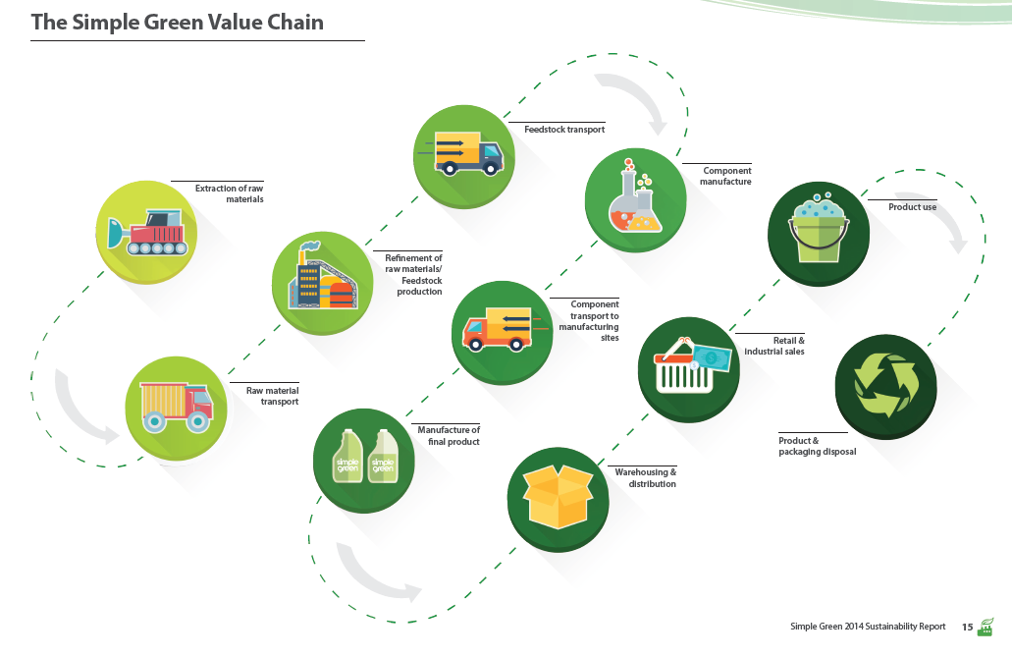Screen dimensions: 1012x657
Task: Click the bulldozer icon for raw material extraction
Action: click(x=148, y=232)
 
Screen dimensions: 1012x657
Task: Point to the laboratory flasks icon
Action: click(x=635, y=196)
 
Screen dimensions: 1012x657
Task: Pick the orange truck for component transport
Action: click(x=497, y=329)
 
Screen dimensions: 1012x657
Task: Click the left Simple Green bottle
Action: click(x=347, y=456)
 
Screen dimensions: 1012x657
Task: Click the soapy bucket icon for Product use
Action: click(x=819, y=229)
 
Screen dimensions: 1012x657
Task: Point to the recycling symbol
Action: click(x=885, y=386)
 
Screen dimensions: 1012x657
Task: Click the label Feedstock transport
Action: click(x=564, y=130)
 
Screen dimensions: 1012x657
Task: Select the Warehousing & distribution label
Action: click(x=646, y=478)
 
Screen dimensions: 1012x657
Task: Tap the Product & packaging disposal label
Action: click(x=817, y=446)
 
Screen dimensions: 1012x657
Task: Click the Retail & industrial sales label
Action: click(x=774, y=346)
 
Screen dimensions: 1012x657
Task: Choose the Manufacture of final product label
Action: click(x=449, y=435)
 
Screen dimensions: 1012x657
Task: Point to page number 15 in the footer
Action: click(x=967, y=627)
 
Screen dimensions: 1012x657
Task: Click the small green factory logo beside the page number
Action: click(x=985, y=627)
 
